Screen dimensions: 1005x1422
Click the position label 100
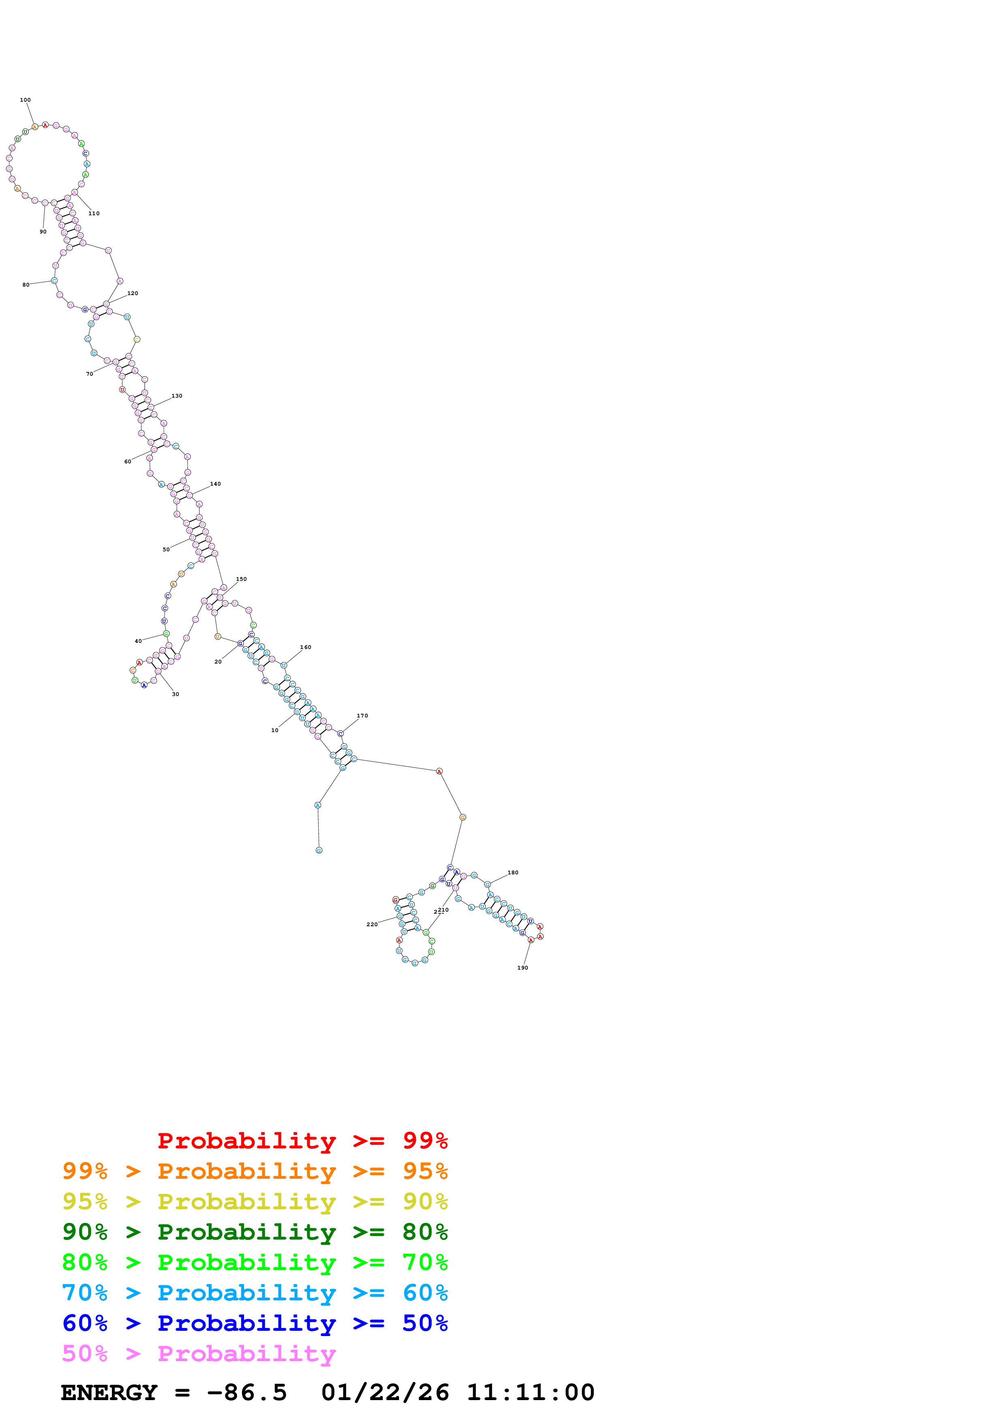pyautogui.click(x=26, y=100)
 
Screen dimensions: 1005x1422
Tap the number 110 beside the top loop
pyautogui.click(x=94, y=214)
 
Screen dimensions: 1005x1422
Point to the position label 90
pyautogui.click(x=43, y=231)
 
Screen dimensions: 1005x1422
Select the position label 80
pyautogui.click(x=26, y=285)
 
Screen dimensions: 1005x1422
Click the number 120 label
pyautogui.click(x=133, y=293)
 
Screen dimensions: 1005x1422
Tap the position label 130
pyautogui.click(x=177, y=396)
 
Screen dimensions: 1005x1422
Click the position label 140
pyautogui.click(x=216, y=484)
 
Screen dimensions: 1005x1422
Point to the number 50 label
pyautogui.click(x=166, y=549)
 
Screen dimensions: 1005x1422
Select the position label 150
pyautogui.click(x=242, y=579)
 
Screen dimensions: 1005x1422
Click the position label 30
pyautogui.click(x=175, y=694)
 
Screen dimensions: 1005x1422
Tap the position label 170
pyautogui.click(x=362, y=715)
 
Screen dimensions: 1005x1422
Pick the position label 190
pyautogui.click(x=523, y=968)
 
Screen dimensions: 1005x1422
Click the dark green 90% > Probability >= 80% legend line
pyautogui.click(x=255, y=1232)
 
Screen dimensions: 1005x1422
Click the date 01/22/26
pyautogui.click(x=385, y=1392)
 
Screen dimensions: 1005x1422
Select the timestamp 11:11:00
pyautogui.click(x=531, y=1392)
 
